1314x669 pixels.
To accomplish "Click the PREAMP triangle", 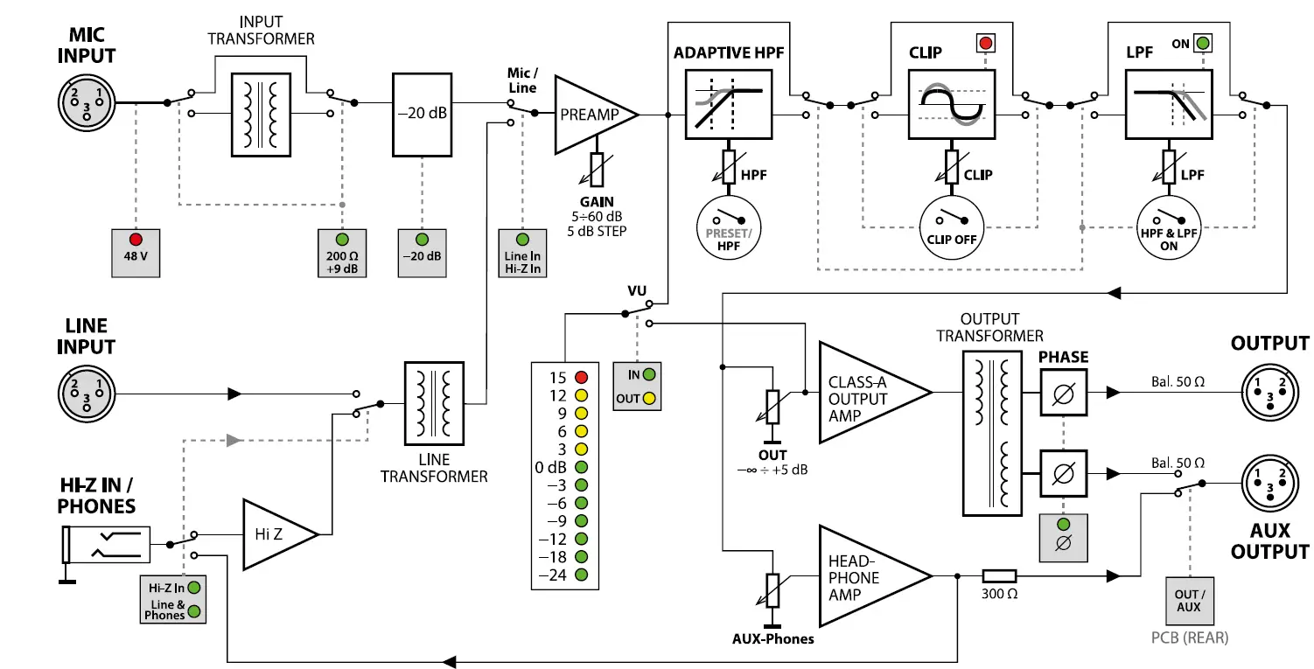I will coord(589,115).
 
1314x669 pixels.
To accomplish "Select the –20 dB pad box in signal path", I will coord(422,115).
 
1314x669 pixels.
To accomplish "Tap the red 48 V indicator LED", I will coord(136,239).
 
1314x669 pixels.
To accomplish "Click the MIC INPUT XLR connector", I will coord(86,101).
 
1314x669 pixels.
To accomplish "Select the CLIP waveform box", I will coord(952,103).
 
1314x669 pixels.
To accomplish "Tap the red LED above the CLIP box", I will coord(985,42).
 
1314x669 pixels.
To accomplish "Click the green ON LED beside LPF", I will coord(1203,43).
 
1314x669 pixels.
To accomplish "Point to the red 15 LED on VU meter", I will coord(581,378).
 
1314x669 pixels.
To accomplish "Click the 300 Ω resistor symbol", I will coord(999,575).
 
